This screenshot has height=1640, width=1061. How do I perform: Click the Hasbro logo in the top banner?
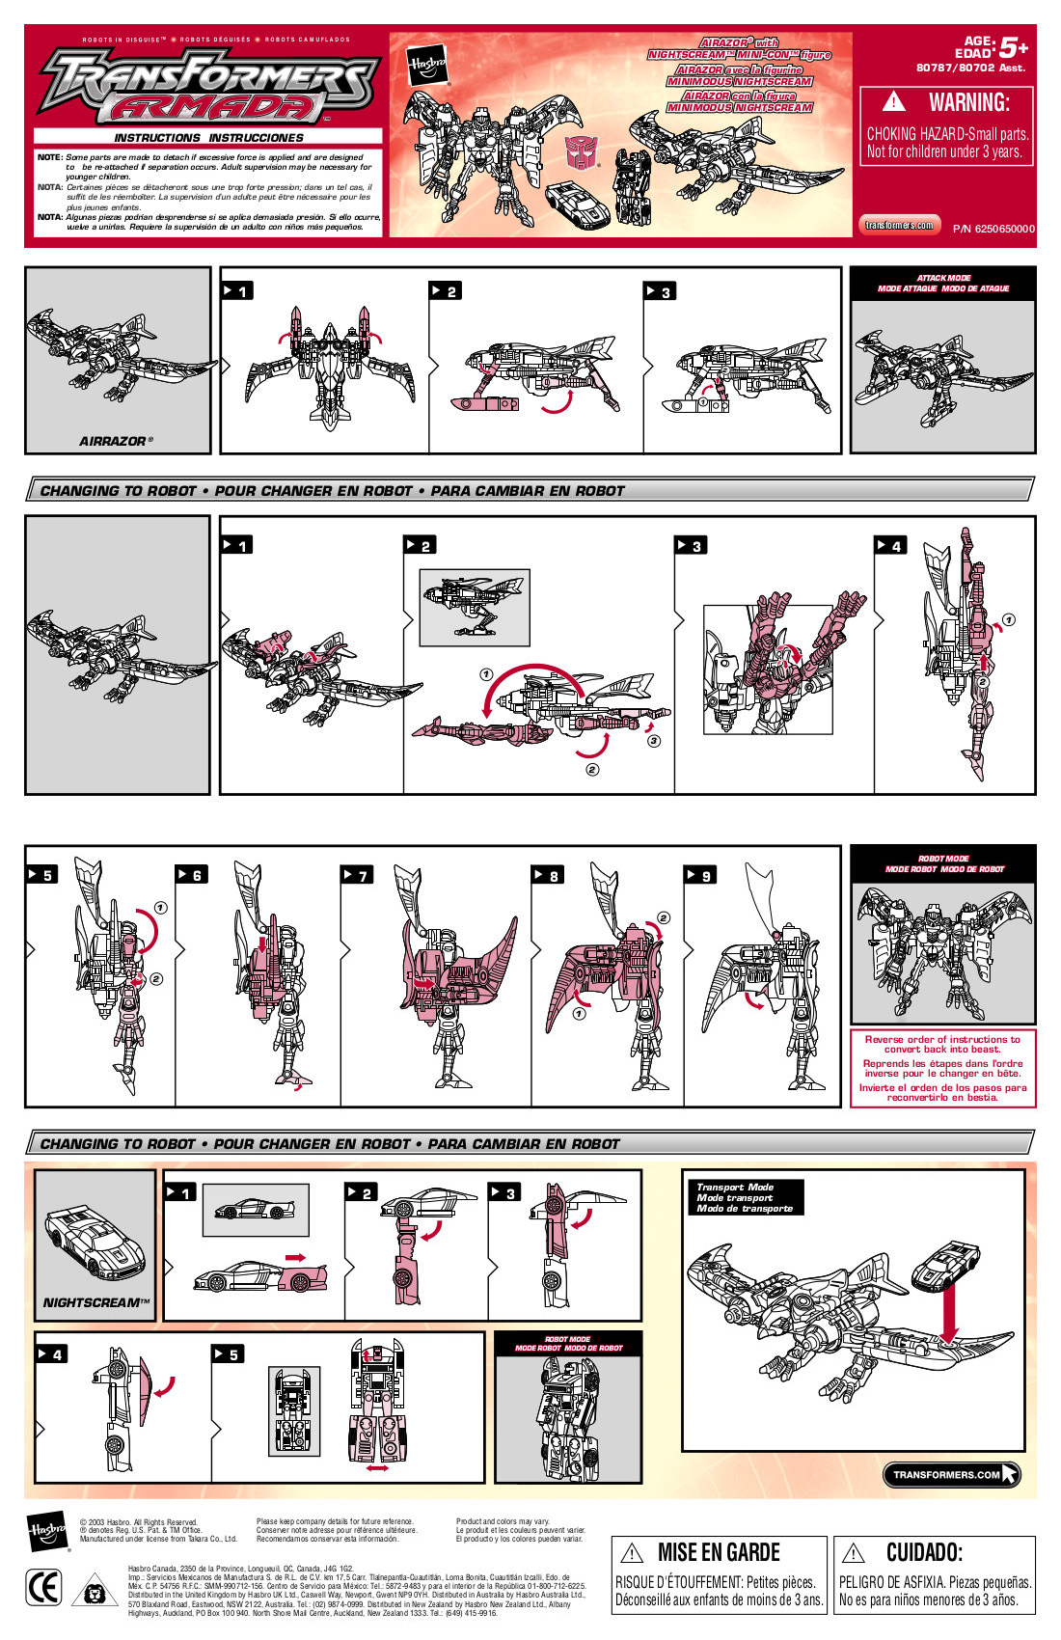tap(425, 67)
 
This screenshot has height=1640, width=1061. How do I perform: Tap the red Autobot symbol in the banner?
tap(581, 151)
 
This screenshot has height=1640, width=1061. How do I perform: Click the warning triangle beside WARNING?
tap(894, 101)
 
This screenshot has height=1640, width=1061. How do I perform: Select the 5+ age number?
tap(1013, 47)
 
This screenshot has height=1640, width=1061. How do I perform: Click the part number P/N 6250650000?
tap(993, 229)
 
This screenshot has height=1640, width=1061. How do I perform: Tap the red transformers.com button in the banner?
tap(899, 225)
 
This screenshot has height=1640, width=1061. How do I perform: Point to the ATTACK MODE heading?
tap(943, 278)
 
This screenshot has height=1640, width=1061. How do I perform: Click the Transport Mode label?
tap(735, 1187)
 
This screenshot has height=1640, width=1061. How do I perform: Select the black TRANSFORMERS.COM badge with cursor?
tap(951, 1474)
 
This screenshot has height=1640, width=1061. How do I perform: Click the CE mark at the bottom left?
tap(44, 1588)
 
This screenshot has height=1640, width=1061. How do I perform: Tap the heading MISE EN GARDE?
tap(718, 1552)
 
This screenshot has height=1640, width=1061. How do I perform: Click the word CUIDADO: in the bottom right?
tap(923, 1552)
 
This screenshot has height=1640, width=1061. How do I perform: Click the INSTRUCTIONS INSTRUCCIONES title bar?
tap(208, 138)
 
